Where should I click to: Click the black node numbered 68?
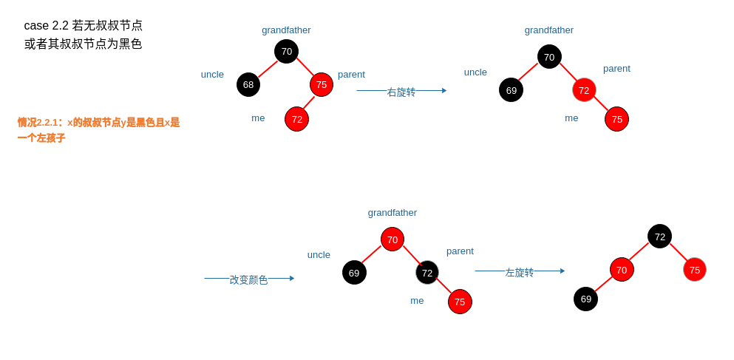click(x=248, y=84)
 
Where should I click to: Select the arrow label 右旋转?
click(x=401, y=92)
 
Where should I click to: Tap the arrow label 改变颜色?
click(x=248, y=279)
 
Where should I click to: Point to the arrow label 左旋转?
click(x=520, y=272)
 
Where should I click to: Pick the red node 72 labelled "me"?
click(x=296, y=119)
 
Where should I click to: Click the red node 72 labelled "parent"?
click(x=584, y=90)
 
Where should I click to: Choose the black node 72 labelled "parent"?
click(x=427, y=272)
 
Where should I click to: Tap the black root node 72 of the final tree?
click(x=659, y=237)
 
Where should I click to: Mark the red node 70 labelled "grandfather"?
click(x=393, y=240)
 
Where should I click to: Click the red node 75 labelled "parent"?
click(x=322, y=84)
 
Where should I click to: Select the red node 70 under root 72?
click(x=622, y=270)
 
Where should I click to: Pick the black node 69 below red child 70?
click(x=585, y=299)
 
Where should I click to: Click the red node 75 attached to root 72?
click(x=695, y=270)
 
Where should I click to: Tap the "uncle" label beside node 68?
click(x=212, y=74)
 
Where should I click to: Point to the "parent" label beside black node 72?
click(x=460, y=251)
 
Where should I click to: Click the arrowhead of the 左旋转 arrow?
click(x=563, y=271)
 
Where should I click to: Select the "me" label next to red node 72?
click(x=258, y=118)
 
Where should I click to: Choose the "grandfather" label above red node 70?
click(x=393, y=212)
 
